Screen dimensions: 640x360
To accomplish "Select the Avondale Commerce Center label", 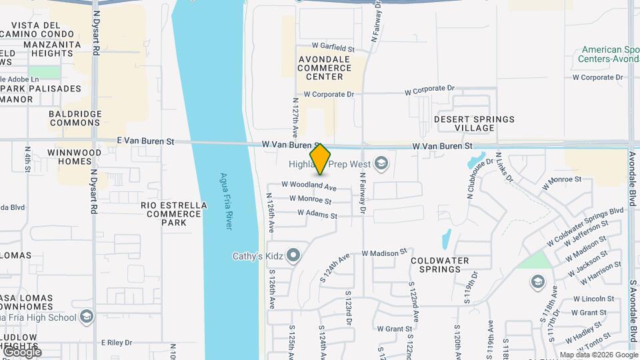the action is click(x=324, y=67).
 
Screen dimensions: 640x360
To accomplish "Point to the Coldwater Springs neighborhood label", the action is click(x=439, y=265).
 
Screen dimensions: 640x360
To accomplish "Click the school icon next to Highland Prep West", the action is click(x=381, y=163).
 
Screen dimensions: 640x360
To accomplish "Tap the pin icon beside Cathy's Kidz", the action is click(x=294, y=255).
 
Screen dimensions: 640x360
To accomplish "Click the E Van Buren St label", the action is click(x=145, y=141).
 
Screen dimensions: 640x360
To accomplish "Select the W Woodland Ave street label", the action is click(x=309, y=185).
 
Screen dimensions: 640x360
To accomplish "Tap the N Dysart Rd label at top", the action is click(x=96, y=31).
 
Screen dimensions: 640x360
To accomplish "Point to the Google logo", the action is click(x=21, y=352).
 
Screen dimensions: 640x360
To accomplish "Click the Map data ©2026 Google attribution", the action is click(x=598, y=355).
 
